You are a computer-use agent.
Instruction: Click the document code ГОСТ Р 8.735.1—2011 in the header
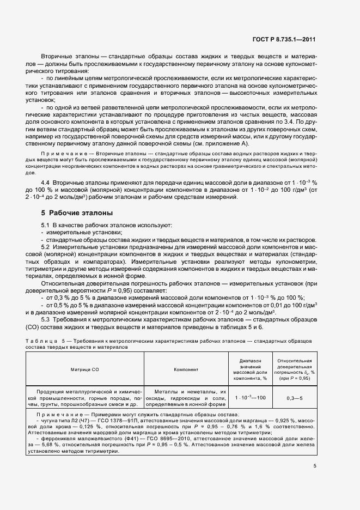289,40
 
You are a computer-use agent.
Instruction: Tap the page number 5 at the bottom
315,466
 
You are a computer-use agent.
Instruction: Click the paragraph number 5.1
46,225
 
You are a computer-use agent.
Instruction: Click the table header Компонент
186,369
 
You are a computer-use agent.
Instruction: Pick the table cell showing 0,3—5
295,398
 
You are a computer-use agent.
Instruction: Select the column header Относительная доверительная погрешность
295,369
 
